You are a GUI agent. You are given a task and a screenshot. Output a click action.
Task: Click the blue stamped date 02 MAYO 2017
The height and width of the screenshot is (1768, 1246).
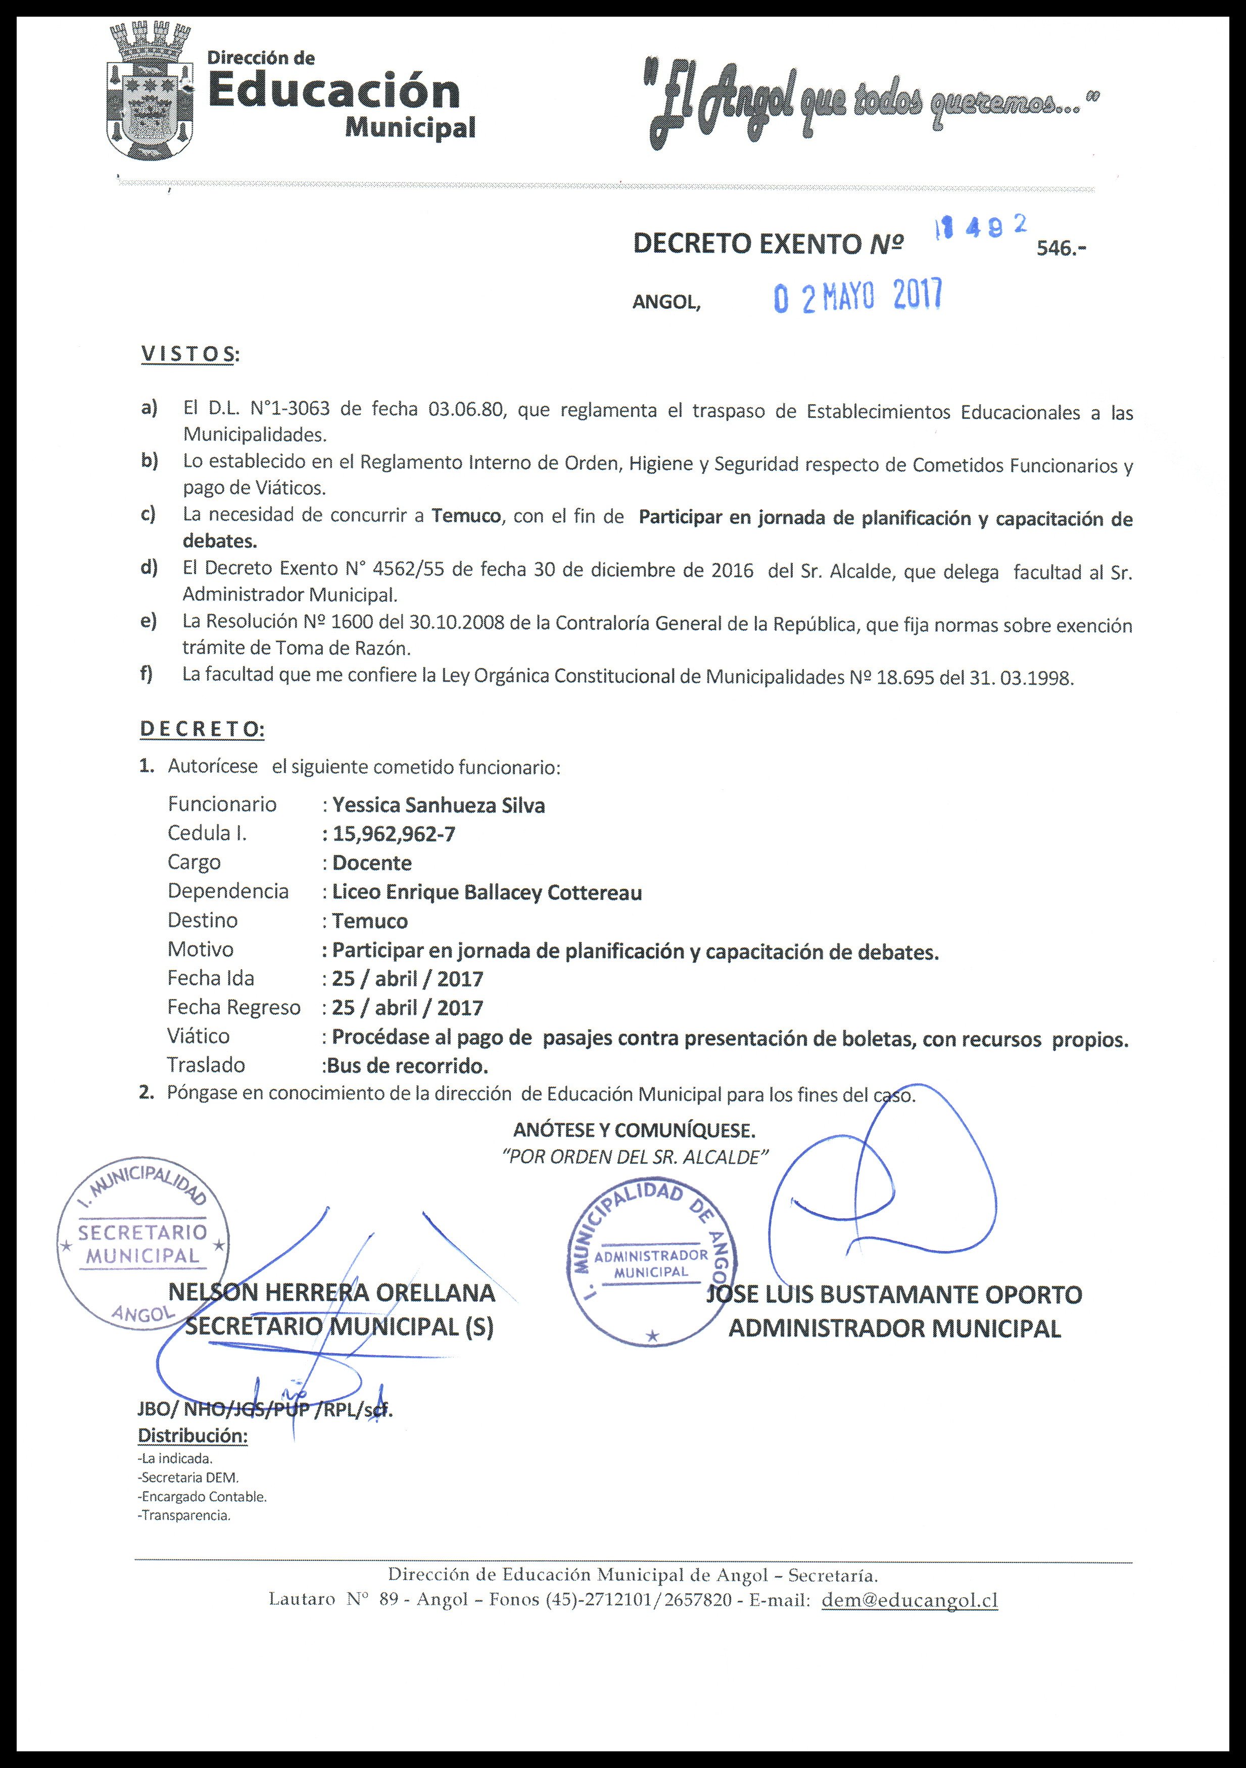tap(857, 297)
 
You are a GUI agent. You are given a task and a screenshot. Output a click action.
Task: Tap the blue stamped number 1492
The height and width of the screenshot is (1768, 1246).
tap(980, 228)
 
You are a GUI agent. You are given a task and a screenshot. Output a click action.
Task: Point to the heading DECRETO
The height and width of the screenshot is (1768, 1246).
tap(202, 729)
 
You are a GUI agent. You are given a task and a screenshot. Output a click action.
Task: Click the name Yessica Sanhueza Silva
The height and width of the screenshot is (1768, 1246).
tap(438, 805)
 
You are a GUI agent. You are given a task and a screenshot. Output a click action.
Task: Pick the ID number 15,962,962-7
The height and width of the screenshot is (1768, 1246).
tap(394, 834)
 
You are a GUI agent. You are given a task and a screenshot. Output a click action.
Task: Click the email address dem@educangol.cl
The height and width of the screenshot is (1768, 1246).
tap(909, 1600)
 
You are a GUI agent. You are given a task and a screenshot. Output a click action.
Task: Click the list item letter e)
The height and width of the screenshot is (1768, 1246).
tap(149, 620)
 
